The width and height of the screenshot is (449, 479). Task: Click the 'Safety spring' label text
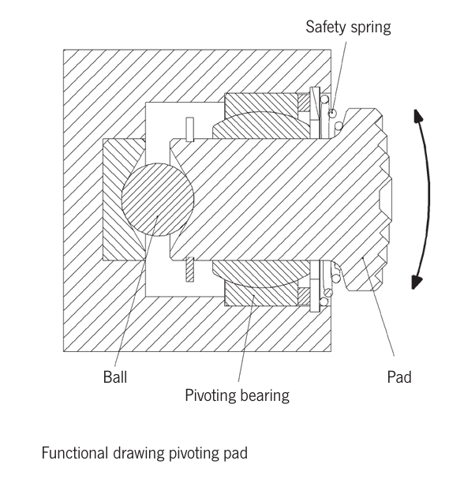(348, 27)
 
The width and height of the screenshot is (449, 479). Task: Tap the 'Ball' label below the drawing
(114, 377)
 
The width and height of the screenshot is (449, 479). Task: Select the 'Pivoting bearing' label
(237, 395)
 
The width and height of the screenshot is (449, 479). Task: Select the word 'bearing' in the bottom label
(266, 395)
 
